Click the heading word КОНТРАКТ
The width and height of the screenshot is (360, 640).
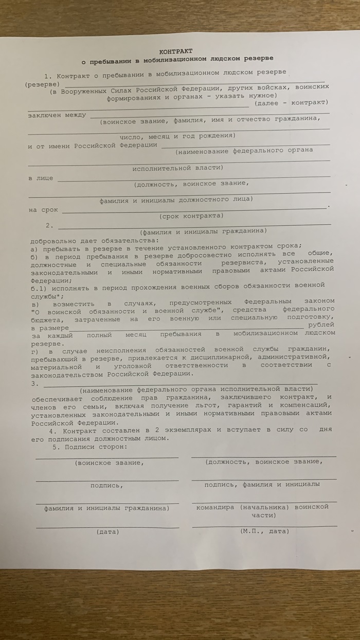pos(176,51)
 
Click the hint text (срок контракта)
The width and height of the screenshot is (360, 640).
pos(191,216)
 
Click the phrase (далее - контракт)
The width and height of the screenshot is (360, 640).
pos(291,103)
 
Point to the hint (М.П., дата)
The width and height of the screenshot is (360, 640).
pos(264,530)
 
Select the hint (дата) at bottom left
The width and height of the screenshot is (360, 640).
pos(107,531)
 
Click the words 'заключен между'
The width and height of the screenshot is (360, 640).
pos(57,115)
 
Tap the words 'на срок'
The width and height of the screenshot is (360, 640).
pos(43,210)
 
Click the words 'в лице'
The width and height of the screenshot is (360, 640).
pos(40,178)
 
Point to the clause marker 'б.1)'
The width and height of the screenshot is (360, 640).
pos(38,285)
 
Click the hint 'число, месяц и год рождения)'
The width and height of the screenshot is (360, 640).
pos(177,136)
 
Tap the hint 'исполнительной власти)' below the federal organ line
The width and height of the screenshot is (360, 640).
pos(177,168)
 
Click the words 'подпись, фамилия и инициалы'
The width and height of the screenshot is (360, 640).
pos(262,485)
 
